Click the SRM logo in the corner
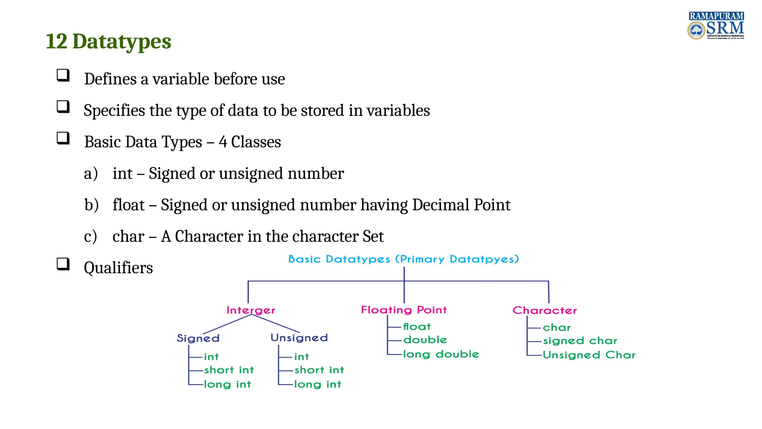[x=715, y=26]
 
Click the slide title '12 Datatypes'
[x=108, y=41]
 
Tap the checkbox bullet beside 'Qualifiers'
[x=63, y=264]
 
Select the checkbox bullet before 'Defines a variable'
[x=63, y=75]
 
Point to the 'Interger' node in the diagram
[x=251, y=310]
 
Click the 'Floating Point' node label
[x=404, y=310]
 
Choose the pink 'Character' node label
[x=544, y=310]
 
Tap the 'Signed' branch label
[x=198, y=338]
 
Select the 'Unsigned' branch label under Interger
[x=299, y=338]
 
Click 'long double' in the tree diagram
[x=441, y=354]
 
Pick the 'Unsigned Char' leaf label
[x=589, y=355]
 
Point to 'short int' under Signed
[x=229, y=370]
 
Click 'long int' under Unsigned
[x=317, y=384]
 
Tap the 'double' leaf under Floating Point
[x=425, y=340]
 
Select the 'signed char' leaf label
[x=580, y=341]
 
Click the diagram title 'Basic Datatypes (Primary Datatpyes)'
[x=403, y=259]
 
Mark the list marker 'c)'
[x=90, y=236]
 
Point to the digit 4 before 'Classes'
[x=223, y=142]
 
